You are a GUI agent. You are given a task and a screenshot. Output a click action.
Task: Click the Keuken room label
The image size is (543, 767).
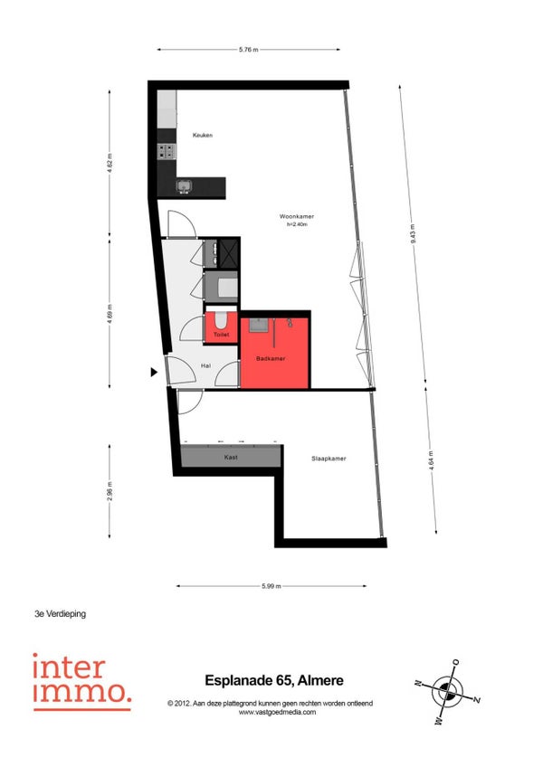[202, 135]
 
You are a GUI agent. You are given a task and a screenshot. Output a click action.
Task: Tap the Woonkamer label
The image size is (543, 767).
[297, 216]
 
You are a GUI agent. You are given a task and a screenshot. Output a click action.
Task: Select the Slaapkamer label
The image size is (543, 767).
[329, 459]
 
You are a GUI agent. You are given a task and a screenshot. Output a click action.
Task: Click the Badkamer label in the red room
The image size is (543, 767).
[271, 358]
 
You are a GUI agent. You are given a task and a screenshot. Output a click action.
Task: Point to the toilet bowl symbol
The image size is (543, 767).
[221, 320]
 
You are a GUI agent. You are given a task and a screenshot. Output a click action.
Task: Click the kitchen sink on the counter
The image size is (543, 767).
[184, 186]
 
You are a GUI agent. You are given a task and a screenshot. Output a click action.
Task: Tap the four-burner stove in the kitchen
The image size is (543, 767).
[167, 151]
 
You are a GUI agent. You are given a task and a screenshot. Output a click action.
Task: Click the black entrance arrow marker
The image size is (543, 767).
[154, 373]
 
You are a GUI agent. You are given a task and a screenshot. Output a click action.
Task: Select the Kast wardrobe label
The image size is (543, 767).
[231, 458]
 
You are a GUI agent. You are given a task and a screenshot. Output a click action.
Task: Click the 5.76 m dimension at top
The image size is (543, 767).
[249, 50]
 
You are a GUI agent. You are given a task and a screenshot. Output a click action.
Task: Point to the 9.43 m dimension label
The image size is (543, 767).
[413, 234]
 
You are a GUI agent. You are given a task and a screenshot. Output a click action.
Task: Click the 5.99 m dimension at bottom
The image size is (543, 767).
[271, 586]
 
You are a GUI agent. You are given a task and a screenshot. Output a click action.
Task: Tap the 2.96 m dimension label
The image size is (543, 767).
[110, 491]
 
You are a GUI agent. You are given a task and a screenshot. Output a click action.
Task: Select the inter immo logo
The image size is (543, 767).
[82, 681]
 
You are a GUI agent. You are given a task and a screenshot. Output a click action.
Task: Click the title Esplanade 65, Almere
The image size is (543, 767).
[274, 680]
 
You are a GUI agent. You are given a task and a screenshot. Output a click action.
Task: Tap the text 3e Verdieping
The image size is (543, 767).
[61, 614]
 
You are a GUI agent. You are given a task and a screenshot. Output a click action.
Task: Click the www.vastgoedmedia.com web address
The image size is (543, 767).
[277, 712]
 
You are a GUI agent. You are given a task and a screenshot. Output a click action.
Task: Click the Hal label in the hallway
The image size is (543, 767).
[206, 365]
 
